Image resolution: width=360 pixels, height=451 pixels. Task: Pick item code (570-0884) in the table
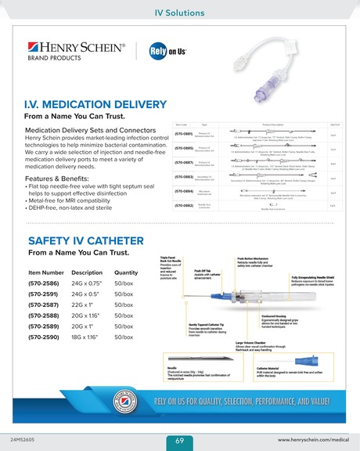pyautogui.click(x=185, y=191)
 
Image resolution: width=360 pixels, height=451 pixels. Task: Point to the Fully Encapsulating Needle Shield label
pyautogui.click(x=320, y=278)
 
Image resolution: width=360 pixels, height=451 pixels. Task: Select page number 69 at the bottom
pyautogui.click(x=179, y=441)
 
